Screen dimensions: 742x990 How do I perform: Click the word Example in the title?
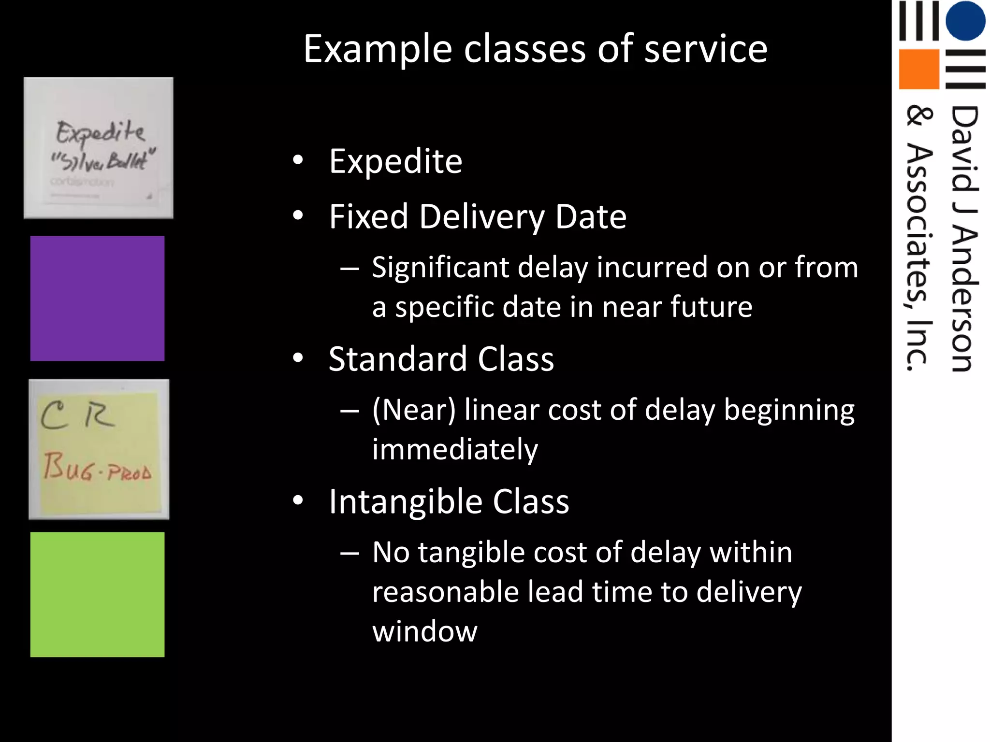pyautogui.click(x=378, y=50)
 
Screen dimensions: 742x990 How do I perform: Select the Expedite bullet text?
pyautogui.click(x=395, y=161)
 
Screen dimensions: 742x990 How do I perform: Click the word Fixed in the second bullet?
pyautogui.click(x=368, y=216)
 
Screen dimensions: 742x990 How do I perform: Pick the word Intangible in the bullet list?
pyautogui.click(x=405, y=501)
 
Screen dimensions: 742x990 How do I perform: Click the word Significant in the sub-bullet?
pyautogui.click(x=440, y=268)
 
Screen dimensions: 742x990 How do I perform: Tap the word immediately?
pyautogui.click(x=454, y=449)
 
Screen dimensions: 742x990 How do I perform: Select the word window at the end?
pyautogui.click(x=424, y=631)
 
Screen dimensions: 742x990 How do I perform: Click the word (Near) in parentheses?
pyautogui.click(x=414, y=410)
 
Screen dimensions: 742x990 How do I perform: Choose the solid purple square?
pyautogui.click(x=97, y=298)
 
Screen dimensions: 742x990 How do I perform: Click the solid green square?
pyautogui.click(x=97, y=594)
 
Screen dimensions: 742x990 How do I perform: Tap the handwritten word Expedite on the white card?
pyautogui.click(x=100, y=132)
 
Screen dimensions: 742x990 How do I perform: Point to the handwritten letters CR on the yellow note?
pyautogui.click(x=77, y=415)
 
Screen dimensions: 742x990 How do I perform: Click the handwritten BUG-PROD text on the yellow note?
pyautogui.click(x=97, y=468)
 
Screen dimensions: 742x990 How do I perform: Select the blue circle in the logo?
pyautogui.click(x=965, y=20)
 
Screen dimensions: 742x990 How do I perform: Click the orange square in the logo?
pyautogui.click(x=918, y=69)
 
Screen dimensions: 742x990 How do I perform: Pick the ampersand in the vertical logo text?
pyautogui.click(x=918, y=117)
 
